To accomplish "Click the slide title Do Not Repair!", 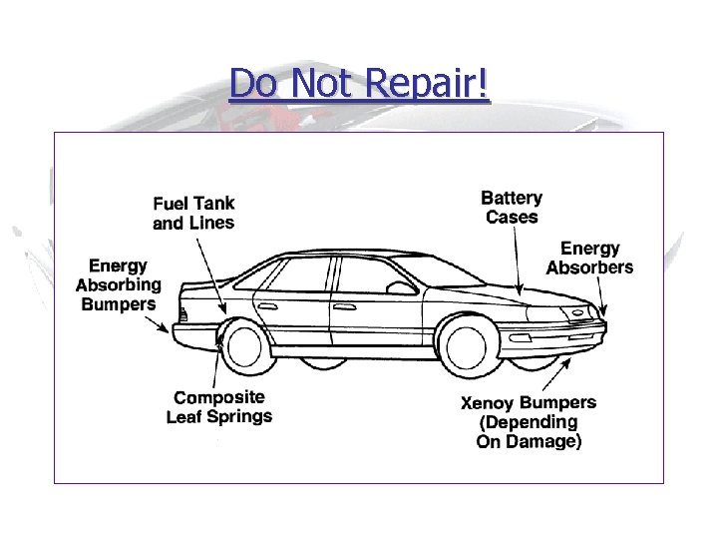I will (359, 84).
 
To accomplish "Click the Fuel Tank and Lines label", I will (193, 214).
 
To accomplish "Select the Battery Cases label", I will (511, 208).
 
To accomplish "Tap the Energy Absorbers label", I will (589, 258).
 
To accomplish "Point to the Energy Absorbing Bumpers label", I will (118, 284).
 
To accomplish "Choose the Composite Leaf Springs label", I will (218, 407).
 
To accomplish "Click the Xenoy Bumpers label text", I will (529, 403).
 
